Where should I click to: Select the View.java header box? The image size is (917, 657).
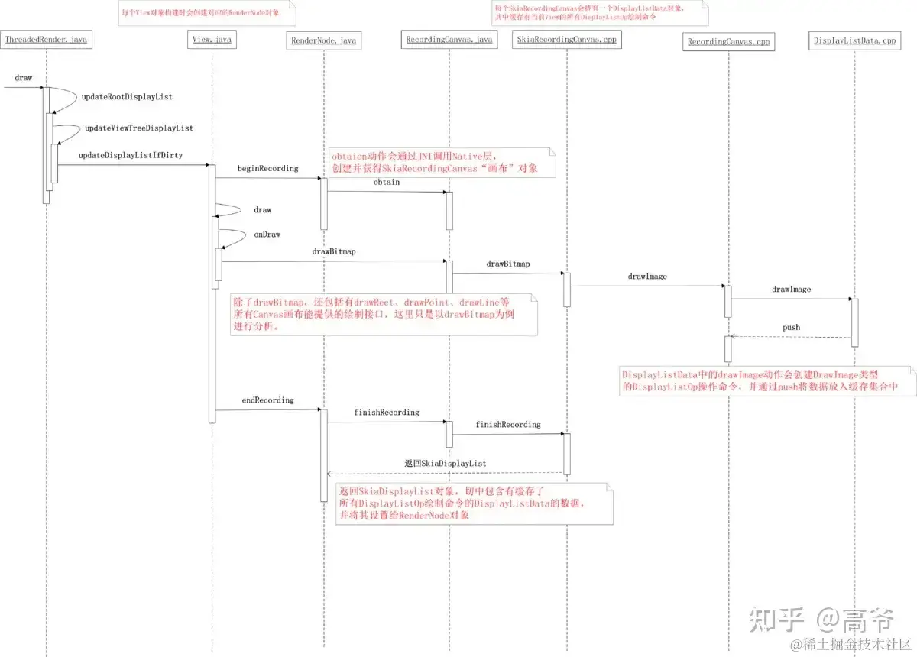[211, 39]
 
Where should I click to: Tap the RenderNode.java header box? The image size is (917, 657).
[325, 40]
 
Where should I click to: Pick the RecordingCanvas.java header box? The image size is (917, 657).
[449, 40]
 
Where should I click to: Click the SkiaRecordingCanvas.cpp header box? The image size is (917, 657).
[566, 40]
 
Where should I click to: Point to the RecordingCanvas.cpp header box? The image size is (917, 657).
[728, 41]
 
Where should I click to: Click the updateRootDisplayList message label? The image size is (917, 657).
[127, 97]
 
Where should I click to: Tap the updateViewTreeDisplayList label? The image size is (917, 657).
[138, 128]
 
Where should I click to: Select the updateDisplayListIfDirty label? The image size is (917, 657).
[130, 155]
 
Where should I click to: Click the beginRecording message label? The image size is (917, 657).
[267, 168]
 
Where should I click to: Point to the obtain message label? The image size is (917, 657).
[386, 182]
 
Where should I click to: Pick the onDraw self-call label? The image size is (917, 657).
[267, 235]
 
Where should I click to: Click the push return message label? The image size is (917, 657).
[791, 327]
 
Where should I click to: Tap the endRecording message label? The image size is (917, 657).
[267, 400]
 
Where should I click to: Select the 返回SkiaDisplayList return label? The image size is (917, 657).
[445, 464]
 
